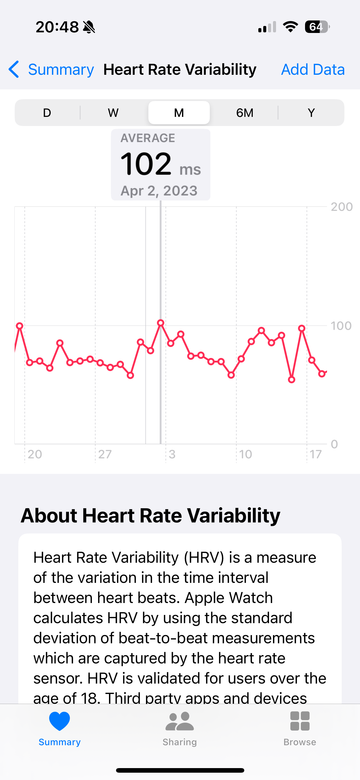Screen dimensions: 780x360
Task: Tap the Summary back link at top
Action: coord(52,70)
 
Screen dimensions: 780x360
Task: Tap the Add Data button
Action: coord(313,70)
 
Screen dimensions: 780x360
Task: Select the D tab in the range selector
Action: coord(47,113)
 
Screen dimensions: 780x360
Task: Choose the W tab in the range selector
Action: coord(113,113)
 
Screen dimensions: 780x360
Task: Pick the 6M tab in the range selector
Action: coord(245,113)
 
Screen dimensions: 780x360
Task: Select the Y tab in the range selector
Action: coord(311,113)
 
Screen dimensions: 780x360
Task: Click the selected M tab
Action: coord(179,113)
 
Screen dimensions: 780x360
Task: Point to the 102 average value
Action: coord(146,164)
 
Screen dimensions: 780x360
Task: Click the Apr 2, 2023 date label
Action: coord(159,191)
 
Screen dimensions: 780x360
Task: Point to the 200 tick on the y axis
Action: coord(341,207)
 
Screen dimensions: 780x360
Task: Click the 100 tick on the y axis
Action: coord(341,326)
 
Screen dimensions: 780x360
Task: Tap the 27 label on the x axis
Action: coord(105,454)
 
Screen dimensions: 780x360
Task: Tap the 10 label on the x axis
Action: coord(245,454)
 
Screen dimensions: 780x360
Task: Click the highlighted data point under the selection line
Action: coord(161,323)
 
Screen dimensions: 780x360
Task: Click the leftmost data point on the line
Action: coord(20,326)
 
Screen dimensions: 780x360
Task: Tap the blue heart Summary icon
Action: coord(60,721)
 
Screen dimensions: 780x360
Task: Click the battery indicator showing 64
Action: coord(317,27)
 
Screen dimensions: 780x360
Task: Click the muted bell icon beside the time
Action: coord(89,27)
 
